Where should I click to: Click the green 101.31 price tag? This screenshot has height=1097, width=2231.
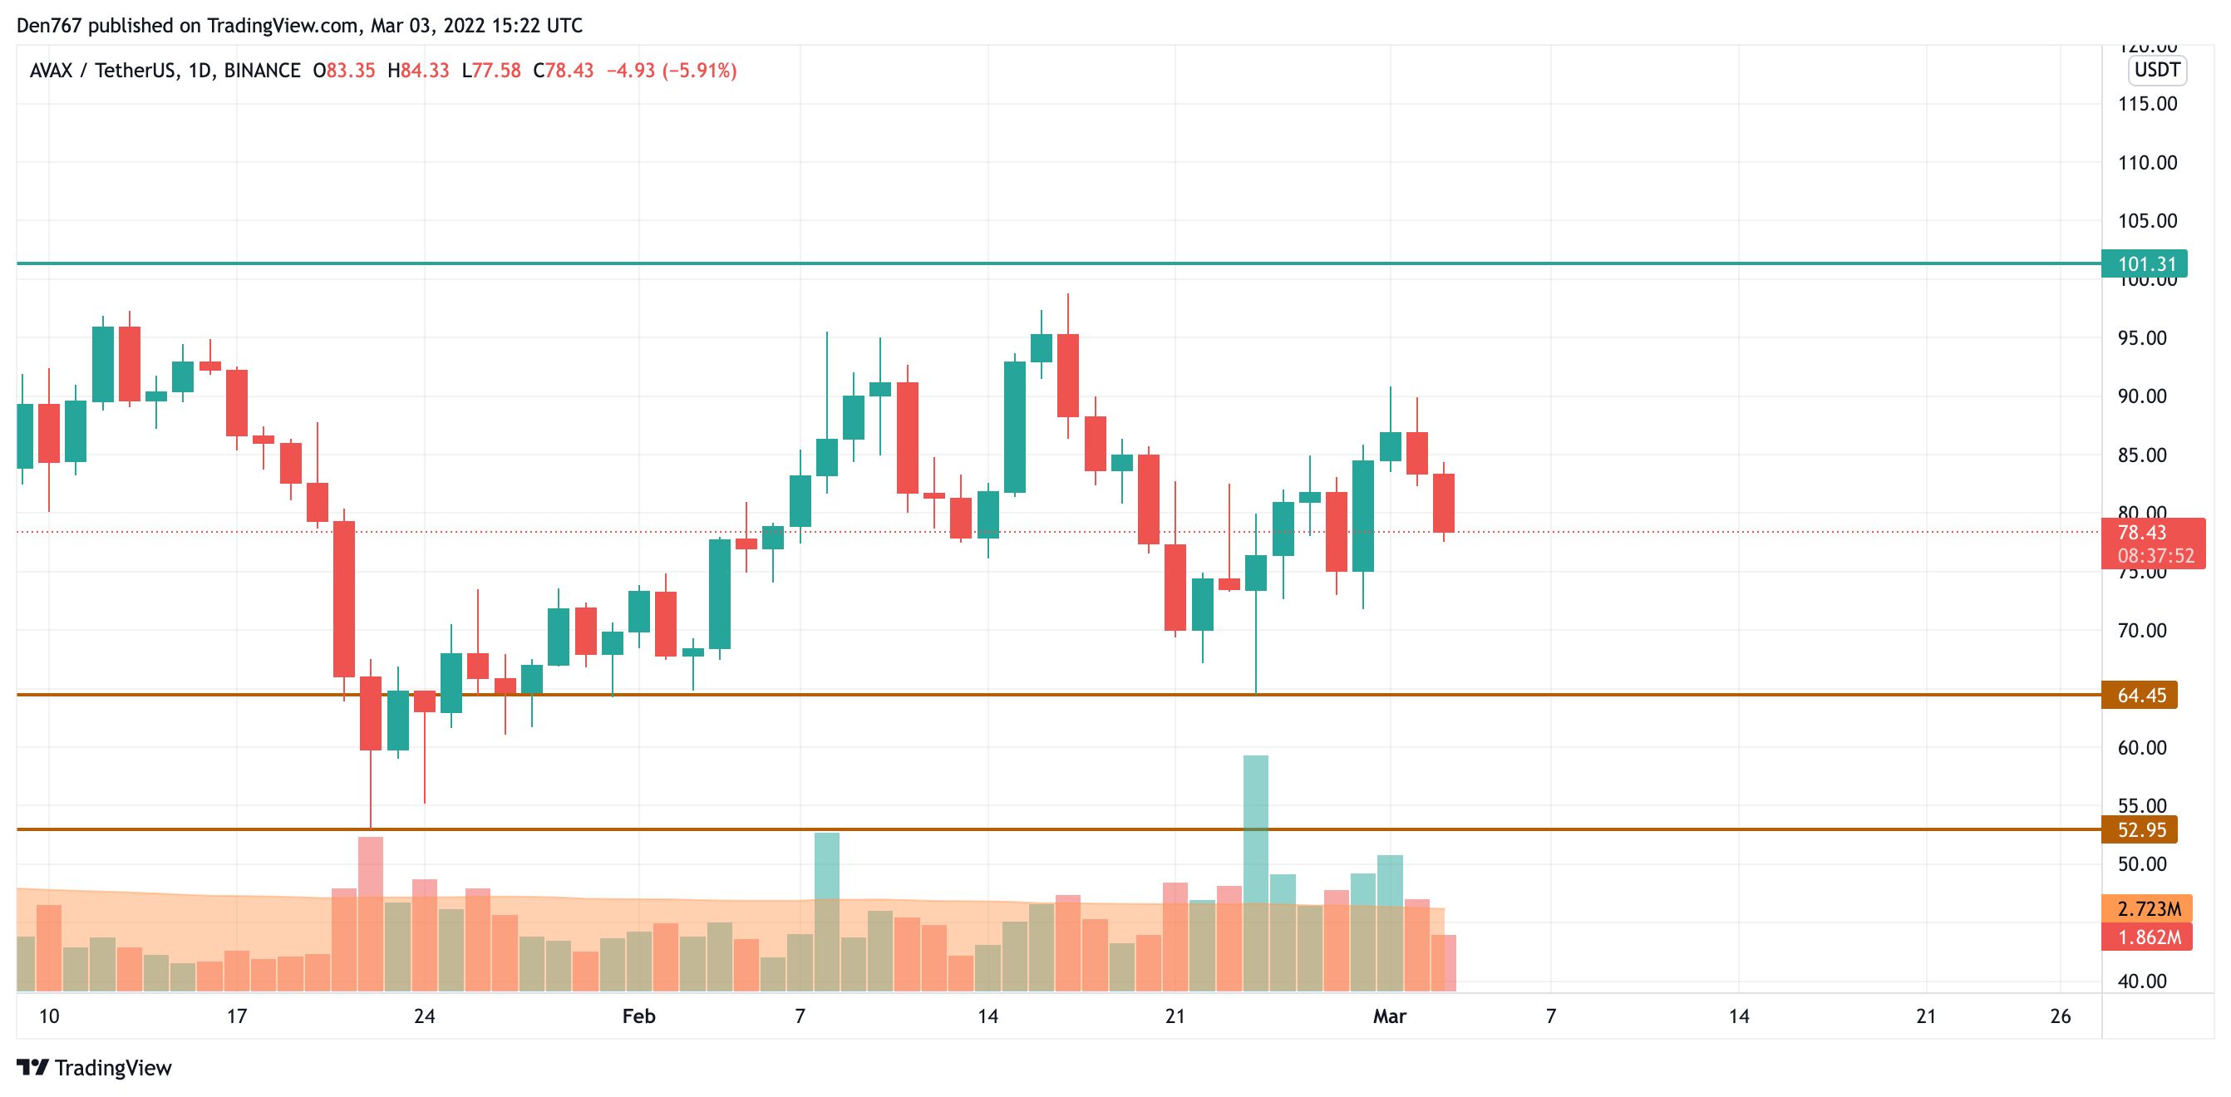pyautogui.click(x=2145, y=264)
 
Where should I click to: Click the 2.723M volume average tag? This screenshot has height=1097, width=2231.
pyautogui.click(x=2147, y=908)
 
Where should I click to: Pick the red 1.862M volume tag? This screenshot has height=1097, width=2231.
pyautogui.click(x=2147, y=937)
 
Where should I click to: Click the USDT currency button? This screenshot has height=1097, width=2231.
pyautogui.click(x=2156, y=70)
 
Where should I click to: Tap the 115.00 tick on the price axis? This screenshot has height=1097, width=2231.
pyautogui.click(x=2146, y=104)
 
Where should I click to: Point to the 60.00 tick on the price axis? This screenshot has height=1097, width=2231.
pyautogui.click(x=2141, y=747)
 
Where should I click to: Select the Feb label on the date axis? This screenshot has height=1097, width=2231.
pyautogui.click(x=638, y=1016)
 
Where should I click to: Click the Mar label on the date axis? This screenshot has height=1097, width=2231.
pyautogui.click(x=1389, y=1016)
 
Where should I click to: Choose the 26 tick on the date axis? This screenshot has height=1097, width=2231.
pyautogui.click(x=2061, y=1016)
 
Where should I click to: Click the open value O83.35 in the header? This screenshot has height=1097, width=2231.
pyautogui.click(x=344, y=70)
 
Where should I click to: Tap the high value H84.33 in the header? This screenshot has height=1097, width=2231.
pyautogui.click(x=418, y=70)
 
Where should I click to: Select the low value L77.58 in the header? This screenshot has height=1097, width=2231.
pyautogui.click(x=491, y=70)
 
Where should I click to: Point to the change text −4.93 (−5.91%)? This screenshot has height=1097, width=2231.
pyautogui.click(x=671, y=70)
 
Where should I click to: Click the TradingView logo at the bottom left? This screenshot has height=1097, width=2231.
pyautogui.click(x=95, y=1068)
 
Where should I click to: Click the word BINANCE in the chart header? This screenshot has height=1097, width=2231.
pyautogui.click(x=262, y=70)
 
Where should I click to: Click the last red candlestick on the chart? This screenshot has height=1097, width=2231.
pyautogui.click(x=1444, y=502)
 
